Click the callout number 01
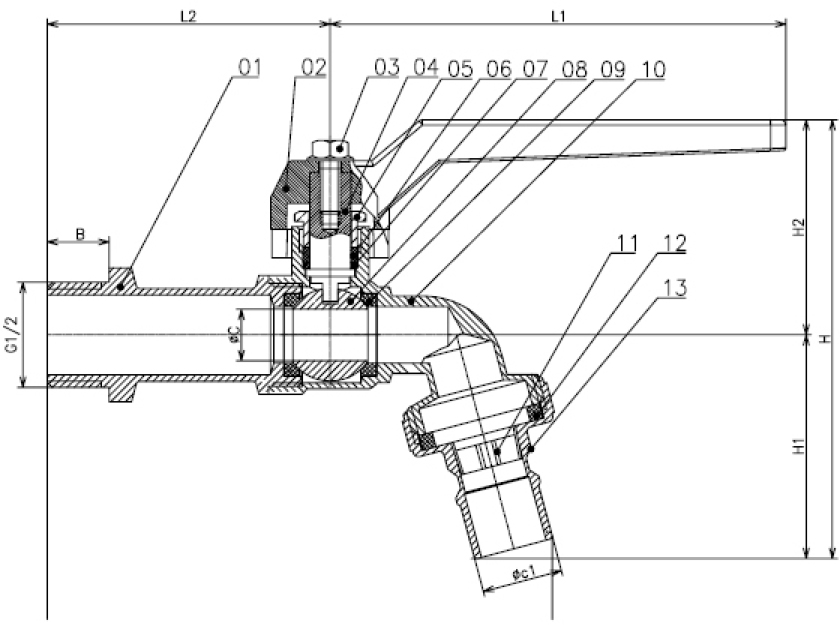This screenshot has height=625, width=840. [250, 68]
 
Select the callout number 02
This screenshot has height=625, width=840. [313, 67]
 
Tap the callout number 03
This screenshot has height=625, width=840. [387, 67]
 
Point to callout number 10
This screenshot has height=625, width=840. [653, 69]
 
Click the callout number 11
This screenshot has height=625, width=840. [626, 244]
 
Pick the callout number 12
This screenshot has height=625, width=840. [674, 244]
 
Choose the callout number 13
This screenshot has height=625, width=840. [674, 288]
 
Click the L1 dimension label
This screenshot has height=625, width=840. [559, 17]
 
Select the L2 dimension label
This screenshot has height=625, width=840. [188, 17]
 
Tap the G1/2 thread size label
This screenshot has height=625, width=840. [12, 334]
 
